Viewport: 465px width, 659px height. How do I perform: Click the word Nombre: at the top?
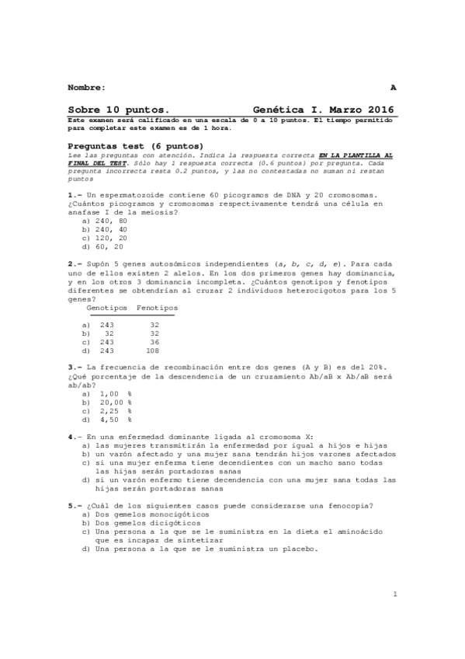pos(87,86)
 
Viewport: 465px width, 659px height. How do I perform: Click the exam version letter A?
pos(393,86)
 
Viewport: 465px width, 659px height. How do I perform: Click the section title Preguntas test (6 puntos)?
pos(135,146)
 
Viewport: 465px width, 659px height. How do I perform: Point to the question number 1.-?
pos(75,193)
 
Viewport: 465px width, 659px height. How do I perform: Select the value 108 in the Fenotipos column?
pos(153,350)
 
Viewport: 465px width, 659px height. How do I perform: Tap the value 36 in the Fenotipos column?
pos(154,341)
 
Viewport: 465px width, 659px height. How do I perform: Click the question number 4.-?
pos(75,437)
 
